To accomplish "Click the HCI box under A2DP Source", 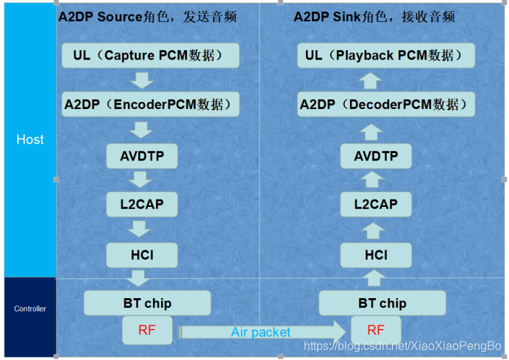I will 143,255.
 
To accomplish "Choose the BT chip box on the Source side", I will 147,303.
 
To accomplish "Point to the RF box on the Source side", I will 147,331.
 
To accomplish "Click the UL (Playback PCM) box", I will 385,54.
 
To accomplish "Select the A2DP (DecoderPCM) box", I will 385,104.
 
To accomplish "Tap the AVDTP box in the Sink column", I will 376,156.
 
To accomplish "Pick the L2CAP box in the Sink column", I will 376,204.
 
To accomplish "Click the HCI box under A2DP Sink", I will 376,255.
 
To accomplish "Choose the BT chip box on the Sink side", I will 382,303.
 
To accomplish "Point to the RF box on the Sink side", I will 376,331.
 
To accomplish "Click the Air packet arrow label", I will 260,332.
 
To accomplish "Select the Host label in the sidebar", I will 30,139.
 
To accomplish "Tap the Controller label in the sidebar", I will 30,309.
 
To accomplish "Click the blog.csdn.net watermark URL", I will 403,345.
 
